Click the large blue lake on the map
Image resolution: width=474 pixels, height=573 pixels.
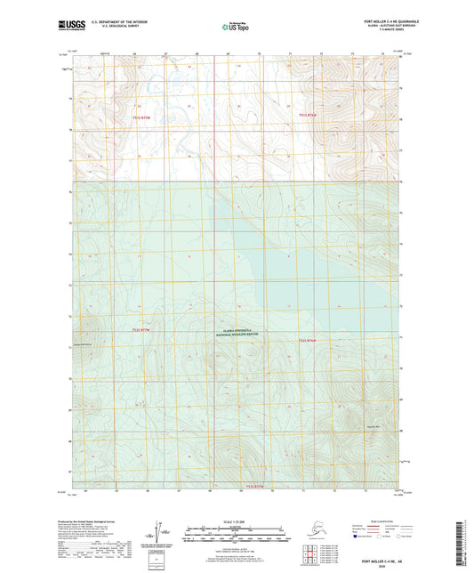pos(293,267)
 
